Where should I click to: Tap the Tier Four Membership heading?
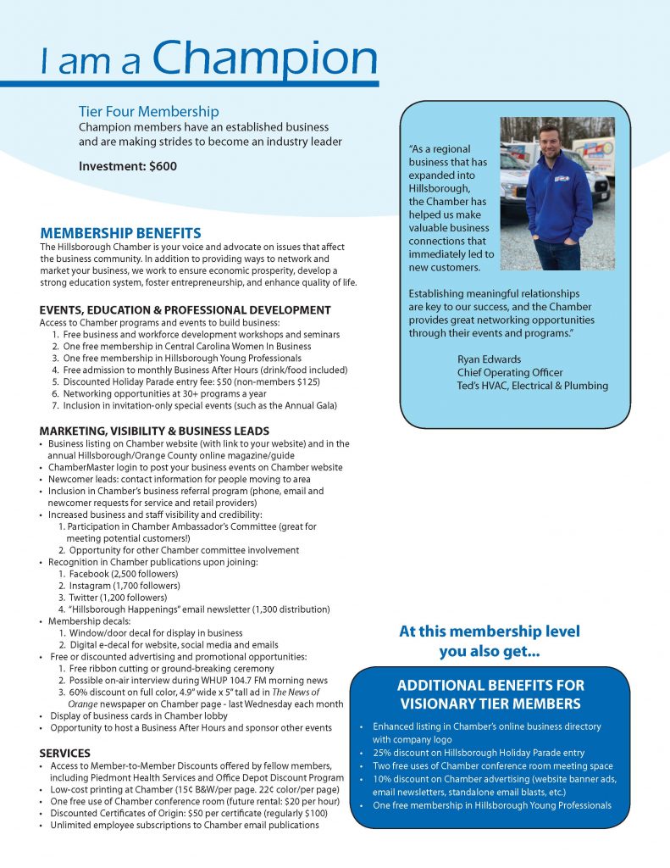(x=148, y=111)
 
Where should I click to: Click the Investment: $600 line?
(x=128, y=166)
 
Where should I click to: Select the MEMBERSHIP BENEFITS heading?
(x=120, y=233)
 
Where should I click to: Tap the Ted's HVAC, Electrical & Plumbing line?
(x=532, y=386)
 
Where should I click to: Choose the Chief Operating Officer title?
(x=510, y=372)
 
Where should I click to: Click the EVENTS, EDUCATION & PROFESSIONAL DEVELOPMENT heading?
(x=185, y=310)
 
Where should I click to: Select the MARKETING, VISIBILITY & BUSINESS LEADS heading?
(x=154, y=431)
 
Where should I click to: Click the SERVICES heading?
(x=65, y=753)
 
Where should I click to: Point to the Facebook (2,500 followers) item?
(x=124, y=574)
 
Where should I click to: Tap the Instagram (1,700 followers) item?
(x=124, y=586)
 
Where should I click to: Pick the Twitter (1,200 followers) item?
(x=120, y=598)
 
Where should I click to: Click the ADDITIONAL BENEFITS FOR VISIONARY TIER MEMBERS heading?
(x=490, y=694)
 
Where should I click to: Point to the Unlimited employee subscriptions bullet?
(x=184, y=825)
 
